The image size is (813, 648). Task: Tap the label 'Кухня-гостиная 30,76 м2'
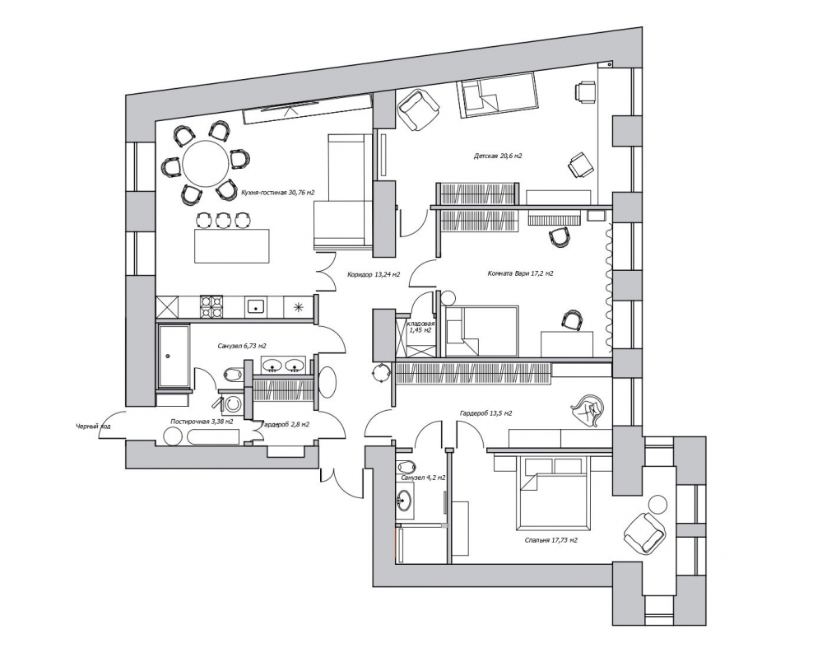278,193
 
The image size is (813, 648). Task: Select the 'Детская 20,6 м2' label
497,156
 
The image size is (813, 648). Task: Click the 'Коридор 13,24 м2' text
374,275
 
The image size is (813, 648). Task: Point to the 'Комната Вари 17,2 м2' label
520,273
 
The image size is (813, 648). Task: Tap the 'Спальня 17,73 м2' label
551,540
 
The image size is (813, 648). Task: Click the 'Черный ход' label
93,427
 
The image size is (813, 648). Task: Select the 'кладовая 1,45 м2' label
420,326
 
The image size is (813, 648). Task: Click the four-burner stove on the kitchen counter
211,306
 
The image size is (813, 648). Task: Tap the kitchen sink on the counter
254,306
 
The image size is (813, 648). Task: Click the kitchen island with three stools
232,246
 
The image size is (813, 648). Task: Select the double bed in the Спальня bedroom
553,494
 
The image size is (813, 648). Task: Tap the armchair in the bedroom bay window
644,533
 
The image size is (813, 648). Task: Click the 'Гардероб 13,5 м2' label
485,413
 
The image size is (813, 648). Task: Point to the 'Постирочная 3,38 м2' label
202,422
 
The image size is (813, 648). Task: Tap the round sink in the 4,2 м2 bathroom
405,501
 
